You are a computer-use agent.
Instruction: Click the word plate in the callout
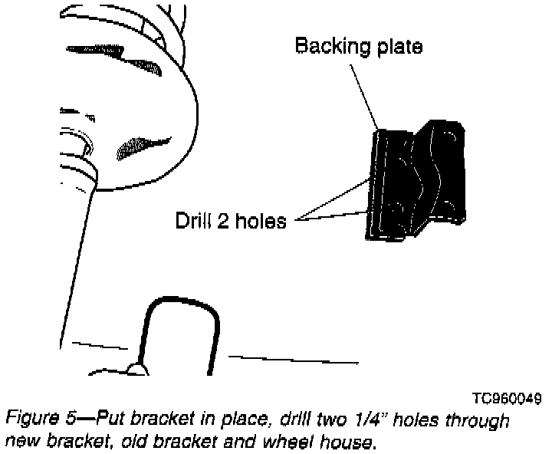point(396,47)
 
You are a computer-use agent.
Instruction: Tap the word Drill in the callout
point(195,221)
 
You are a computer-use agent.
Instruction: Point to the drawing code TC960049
point(507,399)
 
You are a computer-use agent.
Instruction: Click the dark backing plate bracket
point(418,180)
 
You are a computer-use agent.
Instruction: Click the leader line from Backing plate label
point(364,92)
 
